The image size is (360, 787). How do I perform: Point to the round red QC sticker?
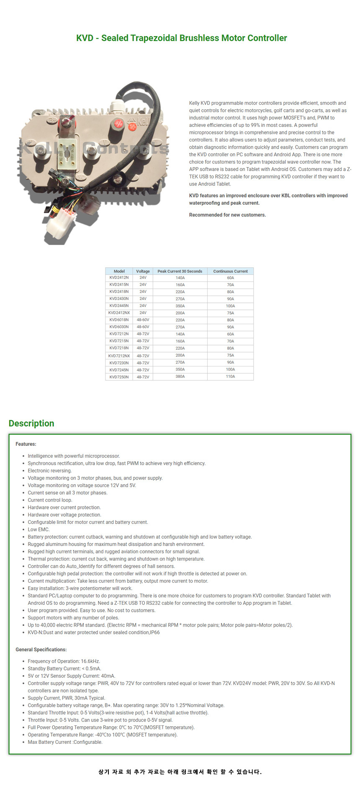coord(118,124)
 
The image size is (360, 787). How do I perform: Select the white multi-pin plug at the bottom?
coord(59,224)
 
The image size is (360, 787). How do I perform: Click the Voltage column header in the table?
coord(143,271)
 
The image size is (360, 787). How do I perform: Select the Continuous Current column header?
coord(230,271)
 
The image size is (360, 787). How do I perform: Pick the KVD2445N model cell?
coord(119,306)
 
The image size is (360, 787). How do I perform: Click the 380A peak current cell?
coord(180,377)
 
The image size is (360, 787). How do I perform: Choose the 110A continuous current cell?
coord(230,377)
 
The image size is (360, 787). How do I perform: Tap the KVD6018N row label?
coord(119,320)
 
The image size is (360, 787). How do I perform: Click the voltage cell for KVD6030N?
coord(143,327)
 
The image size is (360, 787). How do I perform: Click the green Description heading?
coord(31,423)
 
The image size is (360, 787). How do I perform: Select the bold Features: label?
coord(26,444)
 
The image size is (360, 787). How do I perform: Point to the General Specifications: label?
coord(41,650)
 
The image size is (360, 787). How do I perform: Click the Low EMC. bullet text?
coord(39,529)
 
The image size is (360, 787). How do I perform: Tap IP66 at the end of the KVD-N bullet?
coord(155,632)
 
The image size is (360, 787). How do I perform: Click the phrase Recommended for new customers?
coord(227,215)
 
